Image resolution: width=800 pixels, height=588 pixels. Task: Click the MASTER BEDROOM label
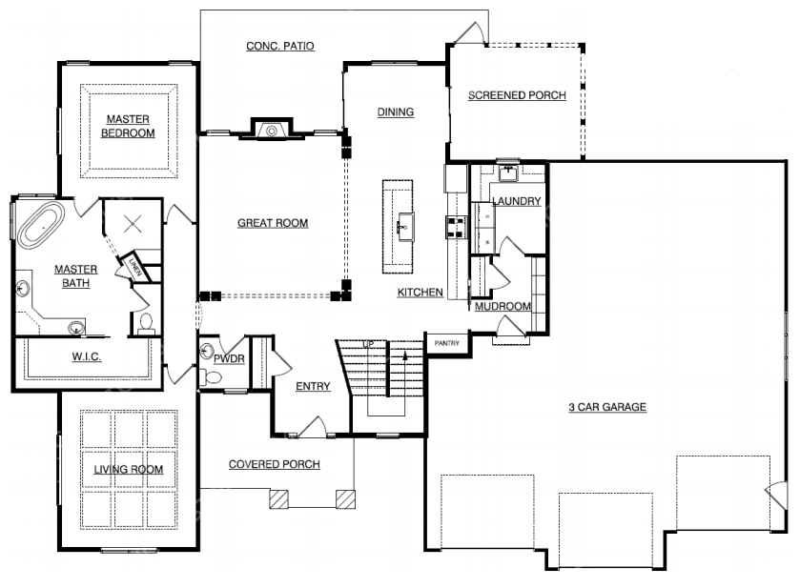(128, 126)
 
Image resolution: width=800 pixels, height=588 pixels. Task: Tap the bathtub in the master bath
(41, 226)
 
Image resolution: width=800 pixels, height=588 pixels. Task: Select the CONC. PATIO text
(280, 46)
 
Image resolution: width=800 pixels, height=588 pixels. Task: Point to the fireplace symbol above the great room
(272, 130)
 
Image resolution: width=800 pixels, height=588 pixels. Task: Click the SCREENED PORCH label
(517, 95)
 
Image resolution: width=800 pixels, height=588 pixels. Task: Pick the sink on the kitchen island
(405, 227)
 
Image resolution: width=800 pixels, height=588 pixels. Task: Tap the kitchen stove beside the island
(457, 227)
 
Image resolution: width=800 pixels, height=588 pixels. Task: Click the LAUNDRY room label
(516, 201)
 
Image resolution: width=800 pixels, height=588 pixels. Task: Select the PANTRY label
(447, 343)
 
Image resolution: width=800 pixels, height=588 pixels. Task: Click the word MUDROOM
(503, 307)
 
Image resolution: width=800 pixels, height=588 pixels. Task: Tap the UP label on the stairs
(368, 345)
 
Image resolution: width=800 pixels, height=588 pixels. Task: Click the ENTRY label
(314, 386)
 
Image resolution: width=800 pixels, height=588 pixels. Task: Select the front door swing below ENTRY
(312, 427)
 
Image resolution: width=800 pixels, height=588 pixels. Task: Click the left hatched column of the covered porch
(278, 499)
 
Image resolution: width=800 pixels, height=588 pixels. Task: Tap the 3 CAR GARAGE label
(607, 407)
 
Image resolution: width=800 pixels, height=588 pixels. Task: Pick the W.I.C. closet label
(86, 356)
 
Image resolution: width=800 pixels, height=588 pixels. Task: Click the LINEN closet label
(134, 267)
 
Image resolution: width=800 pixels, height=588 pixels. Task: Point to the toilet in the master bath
(147, 324)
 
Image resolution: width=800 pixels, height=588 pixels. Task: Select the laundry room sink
(508, 173)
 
